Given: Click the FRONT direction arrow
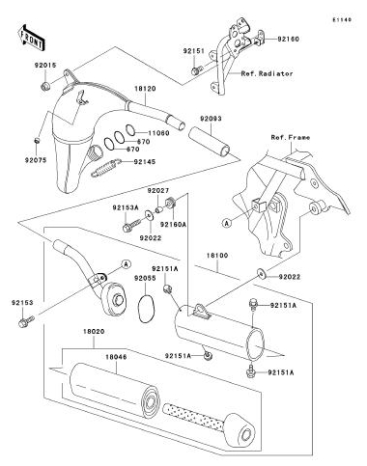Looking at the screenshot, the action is pos(31,39).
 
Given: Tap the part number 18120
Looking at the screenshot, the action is pos(145,89).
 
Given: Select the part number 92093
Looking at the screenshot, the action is pos(211,119).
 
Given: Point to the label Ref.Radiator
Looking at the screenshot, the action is pos(268,73).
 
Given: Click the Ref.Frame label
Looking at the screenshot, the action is pos(291,138).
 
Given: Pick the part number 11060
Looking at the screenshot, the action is pos(158,133).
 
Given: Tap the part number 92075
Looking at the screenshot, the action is pos(36,160).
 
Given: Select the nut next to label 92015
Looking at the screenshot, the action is pos(45,86).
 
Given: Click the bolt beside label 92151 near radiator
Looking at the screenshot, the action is pos(196,70).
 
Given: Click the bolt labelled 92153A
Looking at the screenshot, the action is pos(132,225).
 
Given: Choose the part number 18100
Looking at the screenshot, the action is pos(217,256).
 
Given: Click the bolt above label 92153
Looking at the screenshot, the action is pos(26,321).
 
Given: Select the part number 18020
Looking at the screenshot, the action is pos(94,331).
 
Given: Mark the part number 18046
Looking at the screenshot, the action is pos(116,357).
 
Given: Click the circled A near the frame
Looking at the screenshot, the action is pos(227,223).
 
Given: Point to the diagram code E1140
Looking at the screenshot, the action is pos(342,20).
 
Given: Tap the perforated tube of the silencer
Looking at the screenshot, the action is pos(193,417).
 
